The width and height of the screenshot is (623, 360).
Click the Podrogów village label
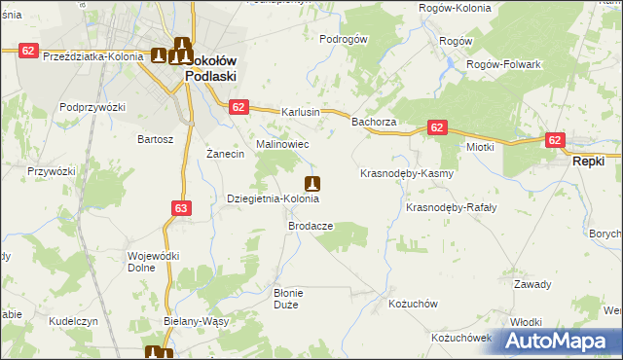click(x=343, y=39)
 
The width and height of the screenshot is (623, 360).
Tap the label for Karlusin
click(x=301, y=112)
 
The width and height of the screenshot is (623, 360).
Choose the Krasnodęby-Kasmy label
click(x=407, y=173)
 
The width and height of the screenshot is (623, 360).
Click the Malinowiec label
click(x=282, y=144)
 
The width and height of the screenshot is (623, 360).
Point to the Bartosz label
click(x=155, y=139)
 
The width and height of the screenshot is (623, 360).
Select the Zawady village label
click(x=532, y=284)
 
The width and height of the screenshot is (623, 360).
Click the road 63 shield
click(x=181, y=207)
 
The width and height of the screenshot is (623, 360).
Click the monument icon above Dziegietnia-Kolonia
click(x=312, y=183)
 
